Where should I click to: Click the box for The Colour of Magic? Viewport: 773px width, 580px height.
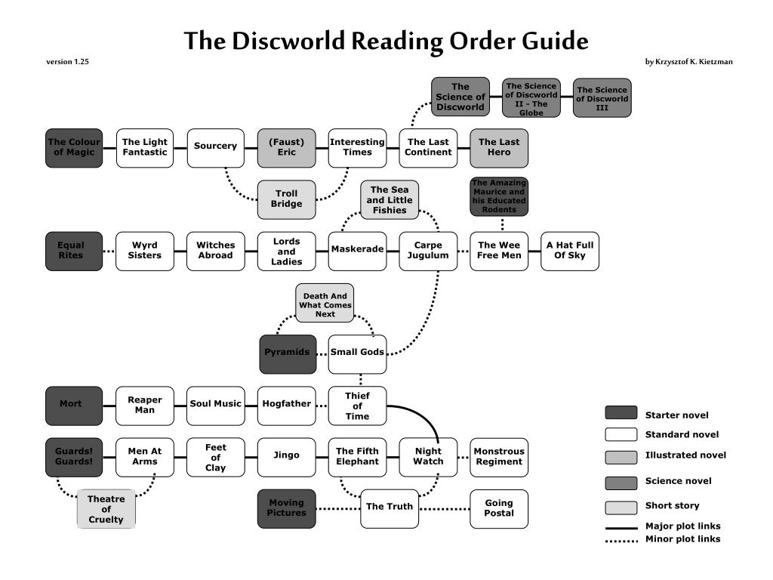click(74, 147)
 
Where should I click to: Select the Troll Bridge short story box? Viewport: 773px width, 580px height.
click(286, 199)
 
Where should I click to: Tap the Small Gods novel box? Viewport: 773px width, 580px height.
click(357, 353)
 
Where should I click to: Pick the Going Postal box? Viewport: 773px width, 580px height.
click(499, 508)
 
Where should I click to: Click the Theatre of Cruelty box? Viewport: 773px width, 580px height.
click(106, 509)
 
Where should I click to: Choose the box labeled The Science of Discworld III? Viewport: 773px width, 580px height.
click(602, 98)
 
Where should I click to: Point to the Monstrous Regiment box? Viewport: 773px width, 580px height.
click(499, 457)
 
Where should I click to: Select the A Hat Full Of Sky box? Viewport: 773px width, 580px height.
click(570, 251)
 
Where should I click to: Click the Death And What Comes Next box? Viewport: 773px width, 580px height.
click(325, 304)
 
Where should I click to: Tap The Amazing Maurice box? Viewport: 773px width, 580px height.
click(499, 196)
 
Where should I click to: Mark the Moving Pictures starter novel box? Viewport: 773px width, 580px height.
click(287, 508)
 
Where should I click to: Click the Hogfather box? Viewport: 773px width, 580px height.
click(286, 404)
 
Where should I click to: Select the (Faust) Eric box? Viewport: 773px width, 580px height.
click(286, 147)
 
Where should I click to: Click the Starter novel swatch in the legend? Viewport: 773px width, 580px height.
click(621, 413)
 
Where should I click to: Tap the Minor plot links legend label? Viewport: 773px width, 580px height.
click(682, 539)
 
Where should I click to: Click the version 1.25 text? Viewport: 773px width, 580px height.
click(67, 62)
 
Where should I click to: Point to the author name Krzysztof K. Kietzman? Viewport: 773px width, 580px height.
click(688, 62)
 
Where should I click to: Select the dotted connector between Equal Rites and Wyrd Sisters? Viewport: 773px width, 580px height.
click(109, 251)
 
